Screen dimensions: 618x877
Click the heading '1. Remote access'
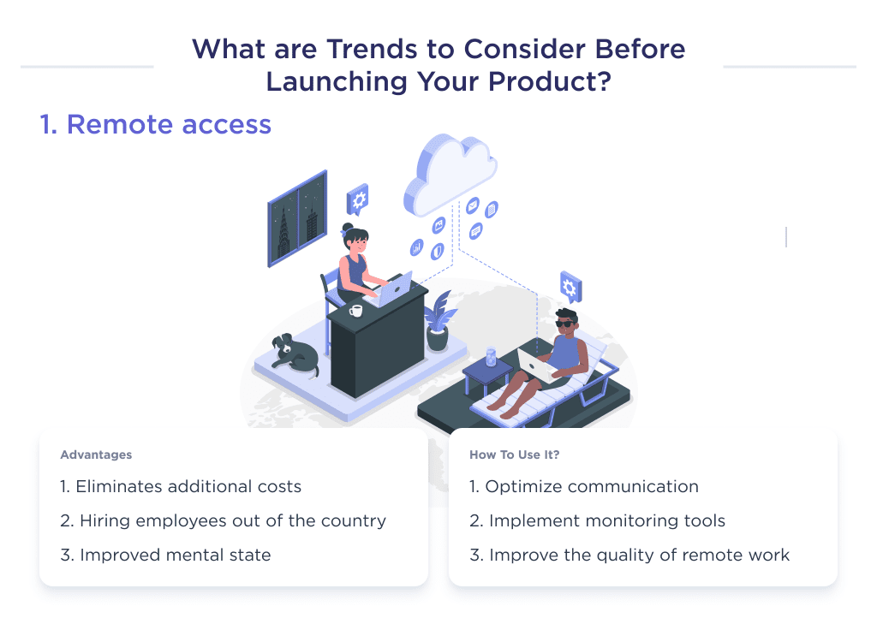click(155, 125)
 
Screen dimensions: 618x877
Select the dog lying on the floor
click(295, 354)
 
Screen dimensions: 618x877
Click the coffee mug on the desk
click(355, 310)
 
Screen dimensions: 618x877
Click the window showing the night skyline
click(297, 218)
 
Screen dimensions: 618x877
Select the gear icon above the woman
click(358, 201)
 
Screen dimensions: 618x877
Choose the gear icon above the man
click(570, 286)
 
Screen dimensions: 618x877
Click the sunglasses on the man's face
click(564, 323)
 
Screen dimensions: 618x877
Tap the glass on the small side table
click(491, 355)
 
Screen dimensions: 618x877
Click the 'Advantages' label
click(96, 455)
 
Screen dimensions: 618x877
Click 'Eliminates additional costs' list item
click(181, 487)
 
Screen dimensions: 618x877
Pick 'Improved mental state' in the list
click(165, 556)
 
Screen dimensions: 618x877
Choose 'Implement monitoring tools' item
click(597, 521)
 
